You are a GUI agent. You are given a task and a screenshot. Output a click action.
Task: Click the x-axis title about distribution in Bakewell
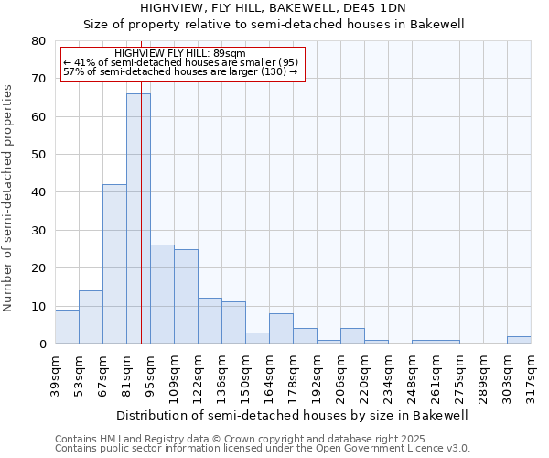pyautogui.click(x=293, y=415)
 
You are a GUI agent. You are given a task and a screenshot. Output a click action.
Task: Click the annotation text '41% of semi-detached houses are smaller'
pyautogui.click(x=181, y=62)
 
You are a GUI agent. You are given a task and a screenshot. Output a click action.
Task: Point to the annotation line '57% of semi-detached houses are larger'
pyautogui.click(x=180, y=71)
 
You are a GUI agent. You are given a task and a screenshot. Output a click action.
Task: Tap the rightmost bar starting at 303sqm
pyautogui.click(x=519, y=340)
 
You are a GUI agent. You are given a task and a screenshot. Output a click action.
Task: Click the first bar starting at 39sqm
pyautogui.click(x=67, y=327)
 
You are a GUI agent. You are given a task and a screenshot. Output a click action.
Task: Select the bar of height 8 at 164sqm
pyautogui.click(x=281, y=329)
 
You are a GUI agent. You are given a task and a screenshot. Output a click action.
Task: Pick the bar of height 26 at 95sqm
pyautogui.click(x=162, y=294)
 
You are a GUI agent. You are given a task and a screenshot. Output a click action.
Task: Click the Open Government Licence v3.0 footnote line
pyautogui.click(x=262, y=448)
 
